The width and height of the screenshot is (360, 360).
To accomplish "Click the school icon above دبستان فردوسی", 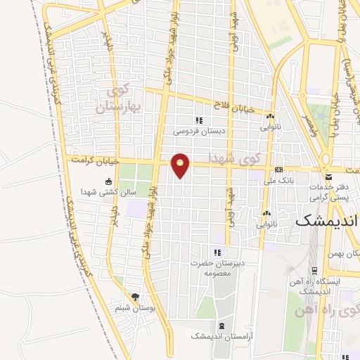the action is tap(200, 120).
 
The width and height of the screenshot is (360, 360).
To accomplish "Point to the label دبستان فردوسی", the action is tap(201, 131).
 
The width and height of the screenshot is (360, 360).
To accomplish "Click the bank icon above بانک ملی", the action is tap(279, 169).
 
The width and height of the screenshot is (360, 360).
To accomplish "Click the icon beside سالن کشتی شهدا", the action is tap(108, 181).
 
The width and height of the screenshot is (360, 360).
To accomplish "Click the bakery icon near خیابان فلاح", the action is tap(269, 117).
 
